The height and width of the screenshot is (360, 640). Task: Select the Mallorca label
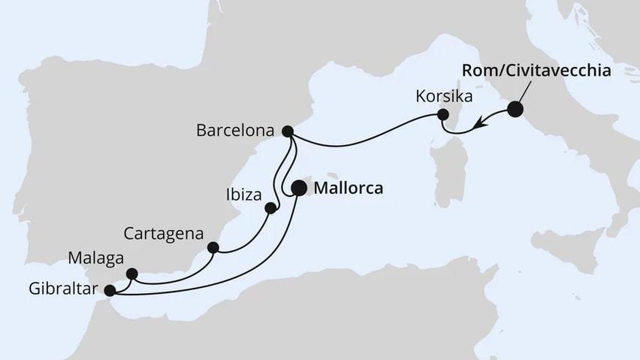[x=347, y=189]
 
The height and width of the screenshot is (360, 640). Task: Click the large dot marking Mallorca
[x=298, y=188]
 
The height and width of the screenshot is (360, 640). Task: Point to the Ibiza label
[x=243, y=196]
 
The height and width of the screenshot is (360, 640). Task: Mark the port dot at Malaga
[x=132, y=274]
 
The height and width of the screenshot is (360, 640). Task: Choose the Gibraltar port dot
[x=110, y=290]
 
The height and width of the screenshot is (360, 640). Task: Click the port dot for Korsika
[x=443, y=115]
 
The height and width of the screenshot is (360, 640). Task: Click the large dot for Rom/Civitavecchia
[x=515, y=110]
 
